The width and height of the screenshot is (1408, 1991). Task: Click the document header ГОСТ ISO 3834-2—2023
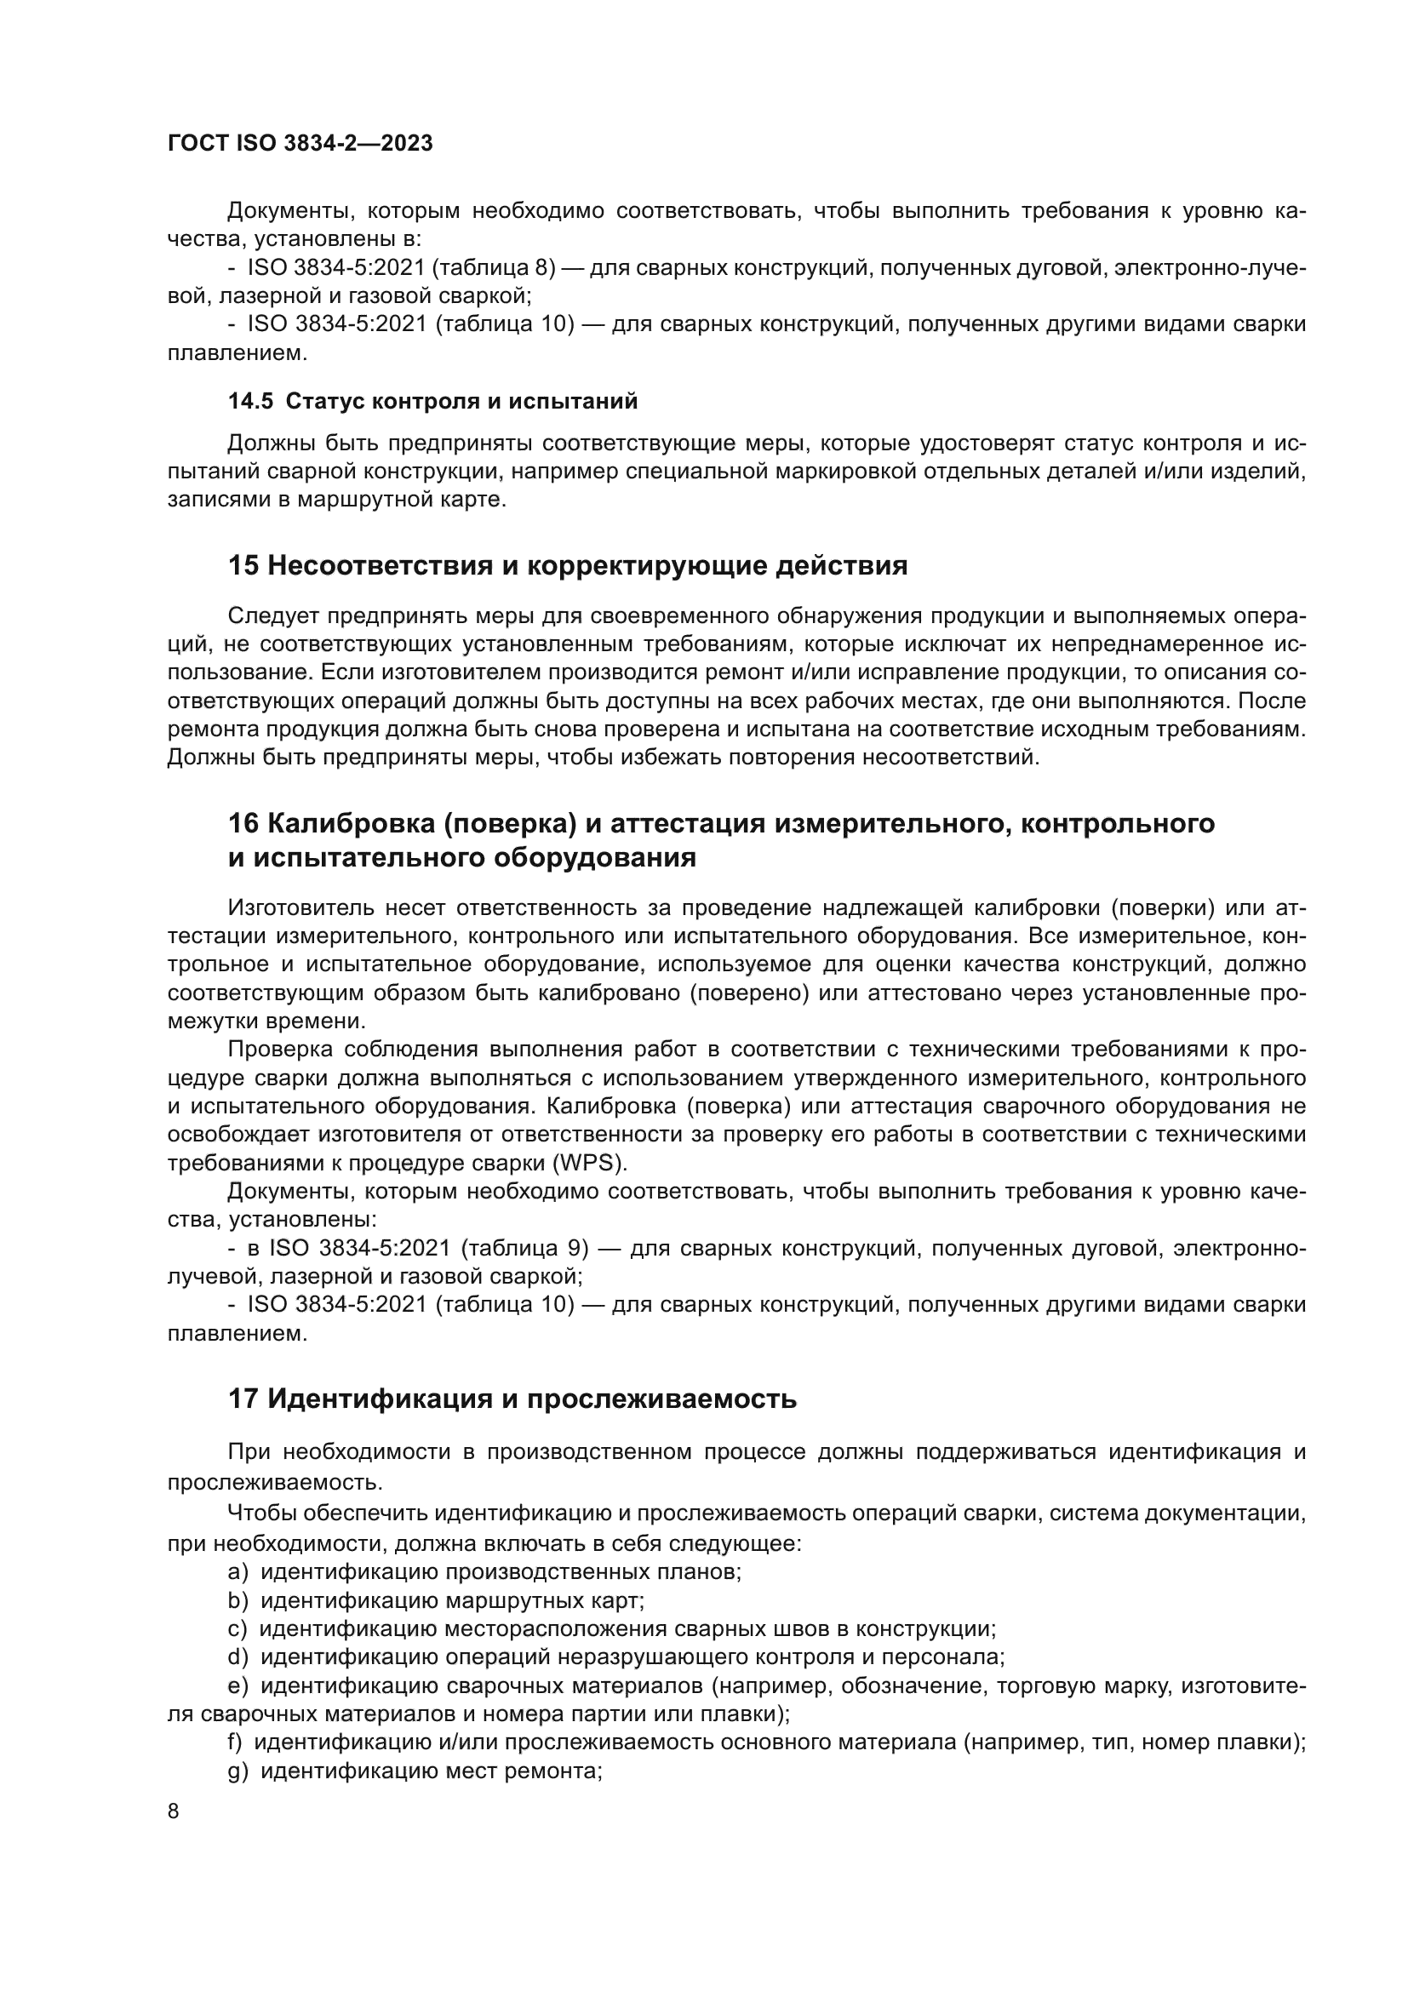[300, 144]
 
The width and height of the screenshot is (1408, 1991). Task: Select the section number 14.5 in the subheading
[249, 402]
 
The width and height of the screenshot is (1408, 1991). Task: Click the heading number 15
[243, 566]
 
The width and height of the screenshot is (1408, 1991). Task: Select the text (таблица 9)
[524, 1248]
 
